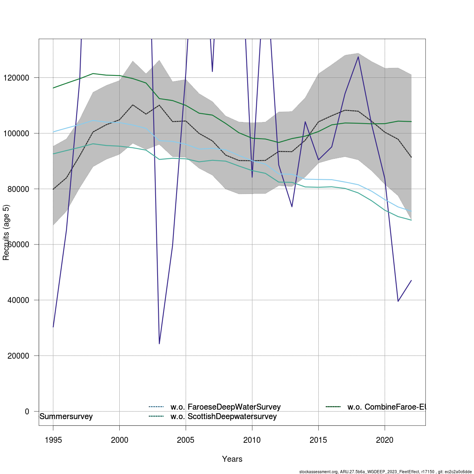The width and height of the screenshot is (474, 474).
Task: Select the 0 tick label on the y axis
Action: pyautogui.click(x=27, y=412)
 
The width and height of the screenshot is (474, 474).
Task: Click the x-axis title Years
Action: pyautogui.click(x=232, y=459)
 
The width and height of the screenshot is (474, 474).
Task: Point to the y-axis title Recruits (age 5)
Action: pyautogui.click(x=6, y=233)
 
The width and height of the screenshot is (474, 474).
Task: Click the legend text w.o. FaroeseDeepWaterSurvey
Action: pyautogui.click(x=226, y=407)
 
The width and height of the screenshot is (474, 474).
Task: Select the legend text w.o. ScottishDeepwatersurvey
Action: pyautogui.click(x=224, y=416)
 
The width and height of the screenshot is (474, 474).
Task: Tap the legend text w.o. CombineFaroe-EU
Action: pyautogui.click(x=386, y=407)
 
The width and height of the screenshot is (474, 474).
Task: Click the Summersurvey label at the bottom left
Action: pyautogui.click(x=66, y=417)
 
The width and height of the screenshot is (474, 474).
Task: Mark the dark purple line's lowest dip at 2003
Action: pyautogui.click(x=159, y=344)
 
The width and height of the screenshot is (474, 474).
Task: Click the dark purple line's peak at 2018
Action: pyautogui.click(x=358, y=57)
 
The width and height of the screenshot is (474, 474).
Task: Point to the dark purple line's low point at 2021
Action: pyautogui.click(x=398, y=301)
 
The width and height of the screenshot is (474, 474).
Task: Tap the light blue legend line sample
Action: pyautogui.click(x=156, y=407)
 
